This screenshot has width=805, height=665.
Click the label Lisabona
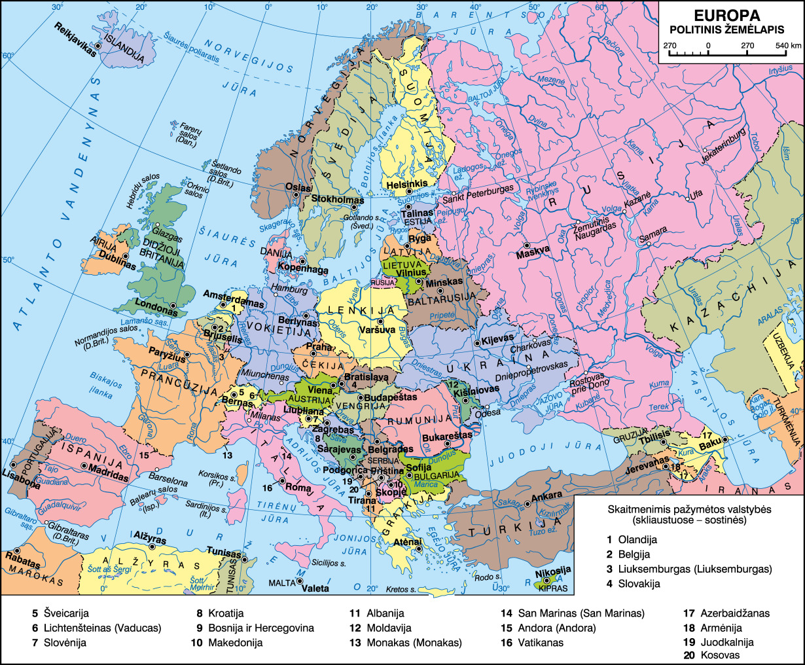point(21,478)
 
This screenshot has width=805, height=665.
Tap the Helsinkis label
point(406,184)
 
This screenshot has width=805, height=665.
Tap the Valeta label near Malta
point(315,588)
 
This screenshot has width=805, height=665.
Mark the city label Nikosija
point(553,570)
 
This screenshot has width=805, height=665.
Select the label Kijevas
point(499,340)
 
